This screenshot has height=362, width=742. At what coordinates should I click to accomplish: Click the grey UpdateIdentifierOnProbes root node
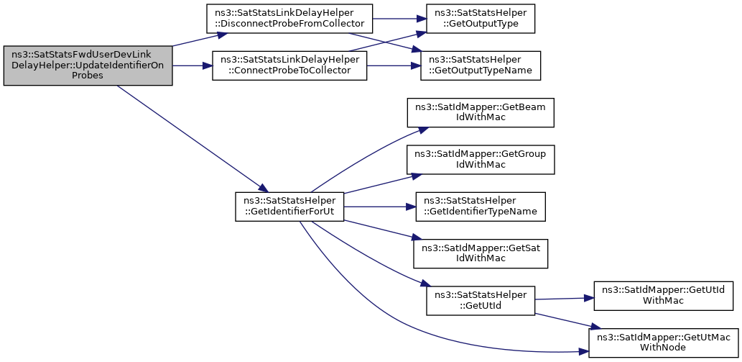pos(88,66)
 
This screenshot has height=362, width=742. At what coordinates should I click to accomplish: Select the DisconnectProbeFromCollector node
pos(290,19)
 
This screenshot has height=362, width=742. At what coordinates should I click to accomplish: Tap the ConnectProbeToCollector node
pos(289,65)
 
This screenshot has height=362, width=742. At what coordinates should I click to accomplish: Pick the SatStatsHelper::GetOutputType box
pos(481,19)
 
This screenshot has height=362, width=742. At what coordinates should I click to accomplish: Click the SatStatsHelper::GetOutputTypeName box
pos(481,65)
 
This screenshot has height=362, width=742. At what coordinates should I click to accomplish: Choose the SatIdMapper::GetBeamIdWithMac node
pos(481,112)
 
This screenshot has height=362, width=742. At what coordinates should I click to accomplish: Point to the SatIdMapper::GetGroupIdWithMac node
pos(481,160)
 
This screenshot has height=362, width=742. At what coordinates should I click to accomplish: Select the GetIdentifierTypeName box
pos(481,207)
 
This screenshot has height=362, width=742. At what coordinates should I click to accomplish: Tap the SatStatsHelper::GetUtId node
pos(481,301)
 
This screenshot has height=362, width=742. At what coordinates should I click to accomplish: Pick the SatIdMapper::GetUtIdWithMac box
pos(664,296)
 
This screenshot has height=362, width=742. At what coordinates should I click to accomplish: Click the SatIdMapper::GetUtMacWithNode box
pos(664,343)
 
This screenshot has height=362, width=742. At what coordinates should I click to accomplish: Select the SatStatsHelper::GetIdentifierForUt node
pos(289,207)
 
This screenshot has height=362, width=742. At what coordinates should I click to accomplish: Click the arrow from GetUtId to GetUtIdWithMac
pos(564,299)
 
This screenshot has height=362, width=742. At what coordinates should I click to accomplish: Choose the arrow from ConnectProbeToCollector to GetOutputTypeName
pos(394,65)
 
